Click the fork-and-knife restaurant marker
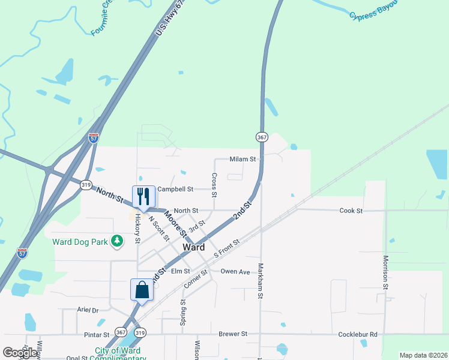pyautogui.click(x=143, y=196)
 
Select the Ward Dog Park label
pyautogui.click(x=80, y=242)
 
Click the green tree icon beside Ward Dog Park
pyautogui.click(x=118, y=242)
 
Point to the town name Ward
pyautogui.click(x=193, y=247)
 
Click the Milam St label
pyautogui.click(x=243, y=159)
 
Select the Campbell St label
pyautogui.click(x=175, y=189)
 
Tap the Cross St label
pyautogui.click(x=214, y=185)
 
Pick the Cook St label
pyautogui.click(x=351, y=211)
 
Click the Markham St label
pyautogui.click(x=261, y=280)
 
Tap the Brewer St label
pyautogui.click(x=233, y=334)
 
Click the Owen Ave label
pyautogui.click(x=235, y=272)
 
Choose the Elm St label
pyautogui.click(x=180, y=272)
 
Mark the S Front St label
pyautogui.click(x=226, y=248)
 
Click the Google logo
pyautogui.click(x=20, y=353)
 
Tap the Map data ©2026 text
pyautogui.click(x=423, y=355)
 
